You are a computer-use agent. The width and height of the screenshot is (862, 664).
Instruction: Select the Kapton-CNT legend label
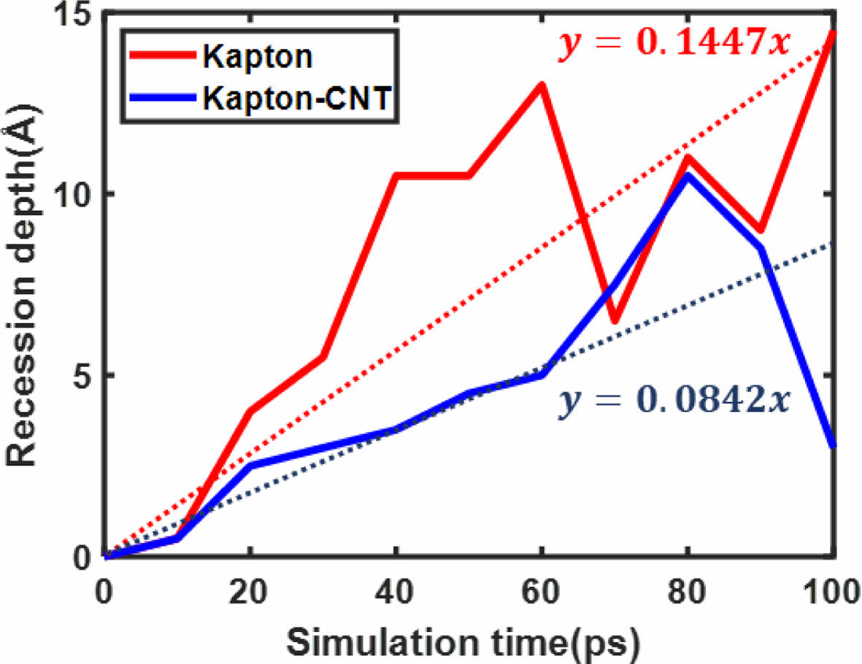(x=299, y=99)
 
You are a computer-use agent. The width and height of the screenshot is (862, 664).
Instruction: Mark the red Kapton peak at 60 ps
(x=542, y=85)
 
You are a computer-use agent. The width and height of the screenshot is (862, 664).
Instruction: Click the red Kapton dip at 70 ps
(x=615, y=320)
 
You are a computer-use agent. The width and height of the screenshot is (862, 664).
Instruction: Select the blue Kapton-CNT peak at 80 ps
(x=687, y=176)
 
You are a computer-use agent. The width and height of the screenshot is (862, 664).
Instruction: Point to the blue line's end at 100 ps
(x=833, y=445)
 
